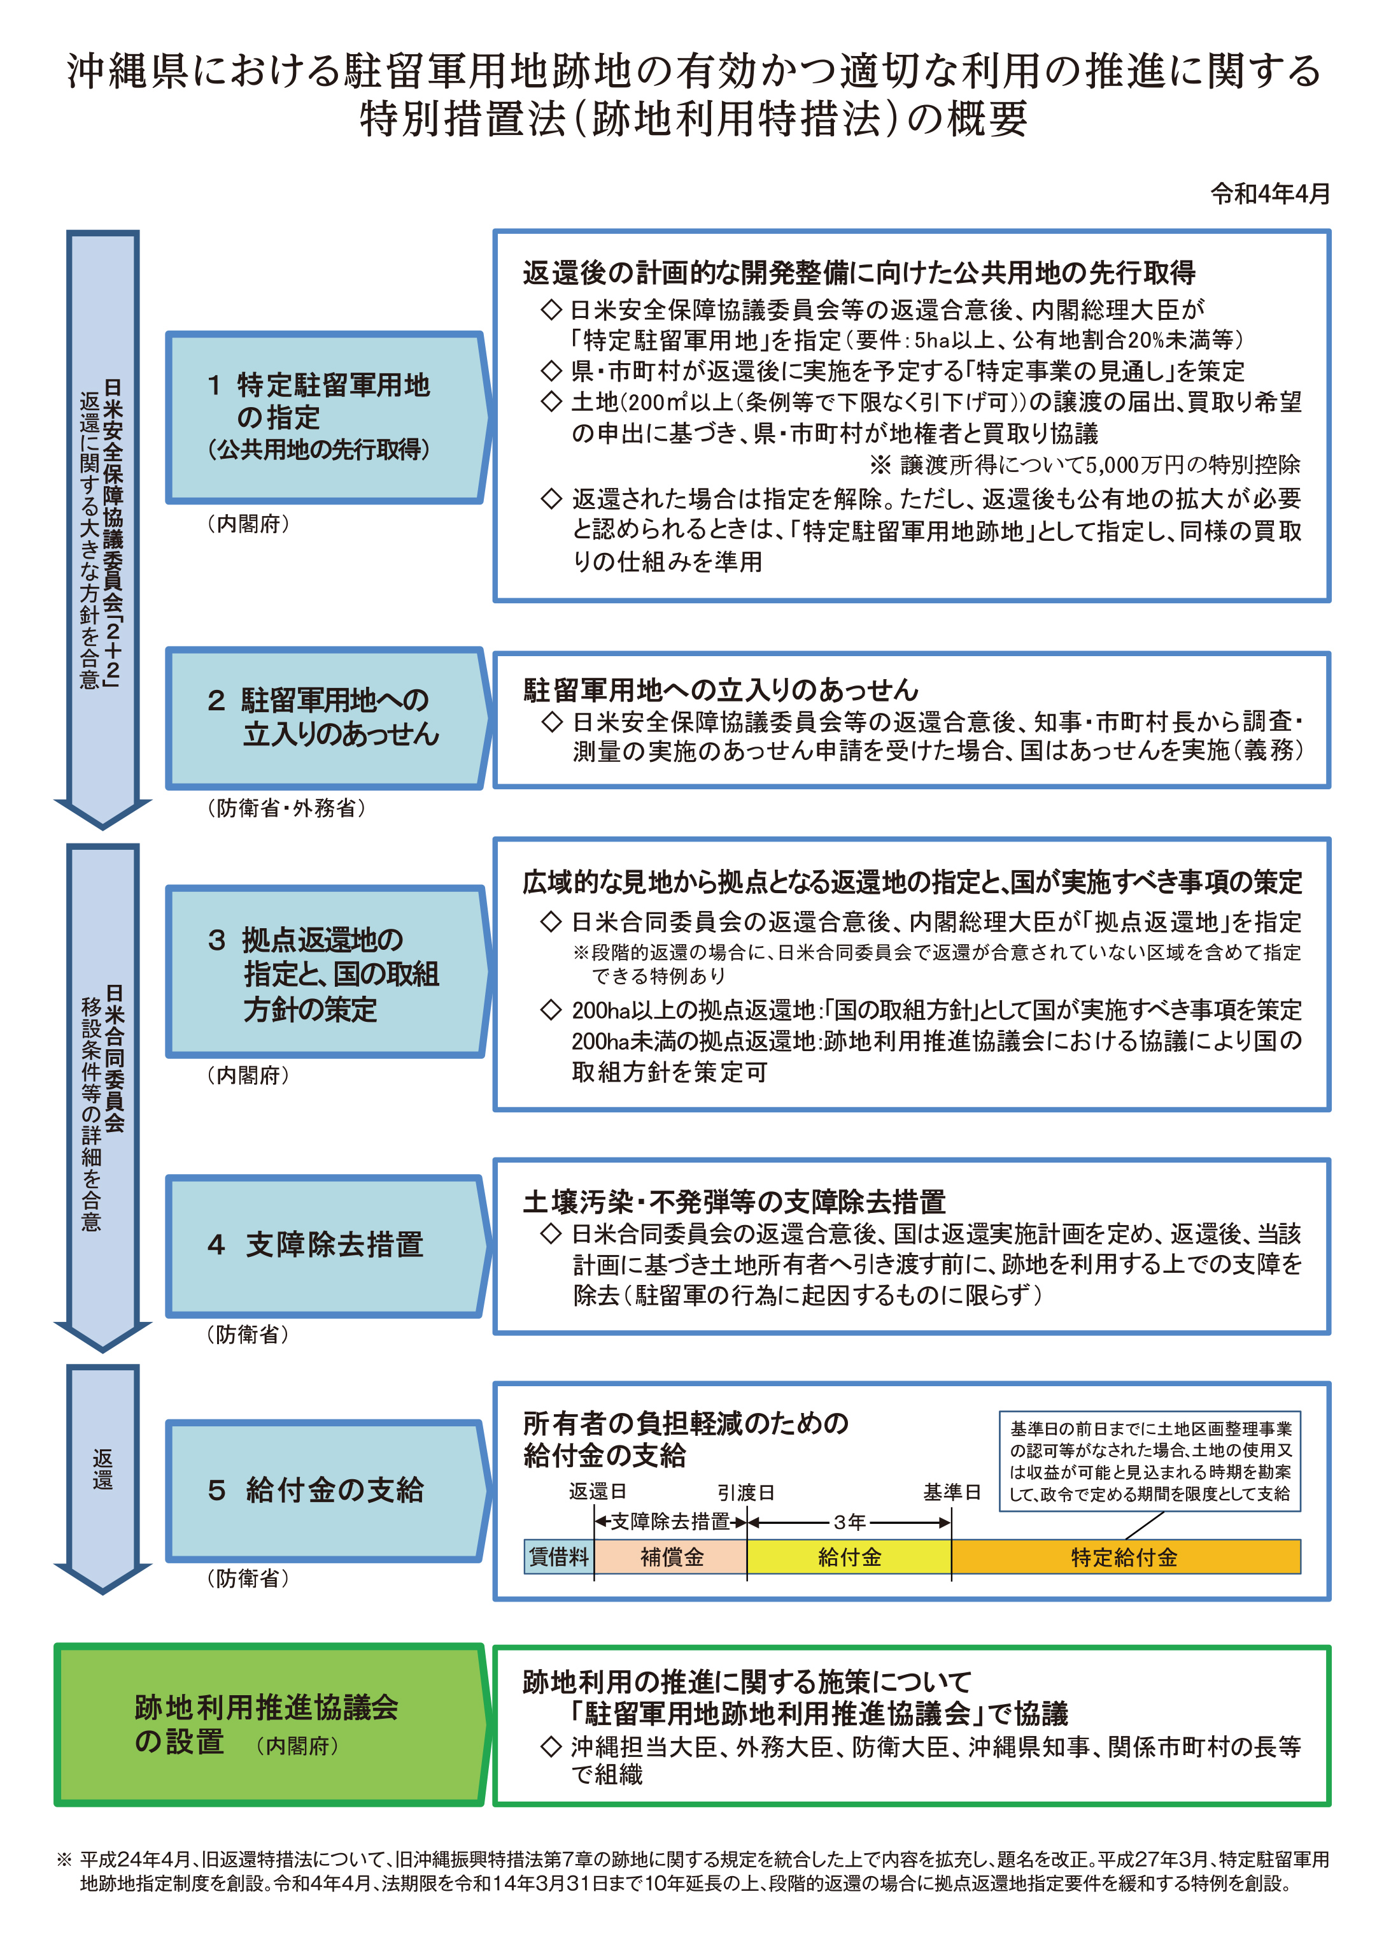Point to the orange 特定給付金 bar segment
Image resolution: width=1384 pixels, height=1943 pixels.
coord(1125,1557)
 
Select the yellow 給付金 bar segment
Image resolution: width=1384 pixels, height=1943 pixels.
coord(849,1557)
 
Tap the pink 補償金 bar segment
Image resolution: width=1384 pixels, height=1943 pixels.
coord(671,1557)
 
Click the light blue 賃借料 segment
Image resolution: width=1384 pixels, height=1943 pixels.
coord(559,1557)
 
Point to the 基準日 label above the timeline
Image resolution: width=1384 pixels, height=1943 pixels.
coord(952,1492)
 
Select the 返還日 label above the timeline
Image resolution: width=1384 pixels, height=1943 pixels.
coord(597,1491)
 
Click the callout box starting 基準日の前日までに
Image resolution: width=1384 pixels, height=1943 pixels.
coord(1150,1461)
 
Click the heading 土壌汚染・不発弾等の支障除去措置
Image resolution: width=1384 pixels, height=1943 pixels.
coord(734,1201)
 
